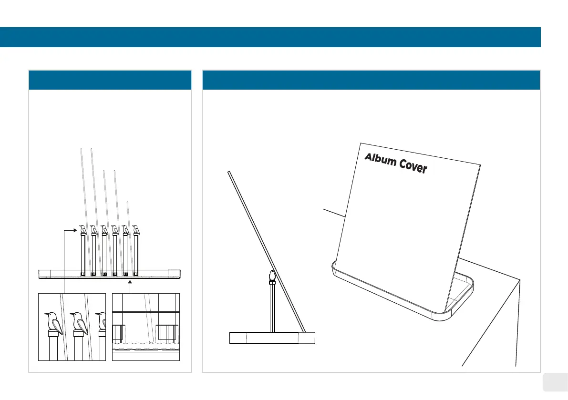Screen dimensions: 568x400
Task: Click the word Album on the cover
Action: point(381,160)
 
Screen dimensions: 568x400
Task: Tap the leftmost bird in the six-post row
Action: point(83,230)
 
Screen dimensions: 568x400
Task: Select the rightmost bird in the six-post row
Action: point(136,230)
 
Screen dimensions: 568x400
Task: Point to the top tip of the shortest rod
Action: point(127,203)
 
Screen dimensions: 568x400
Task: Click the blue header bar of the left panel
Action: point(110,80)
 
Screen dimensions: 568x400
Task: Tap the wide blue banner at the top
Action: point(270,37)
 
